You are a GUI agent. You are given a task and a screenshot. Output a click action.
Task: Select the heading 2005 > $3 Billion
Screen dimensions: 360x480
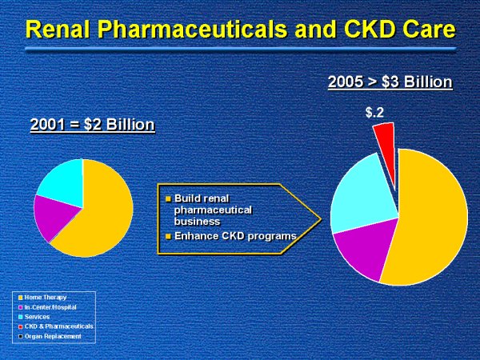pos(390,82)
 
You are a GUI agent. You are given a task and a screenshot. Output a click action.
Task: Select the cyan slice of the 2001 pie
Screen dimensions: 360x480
pos(61,180)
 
